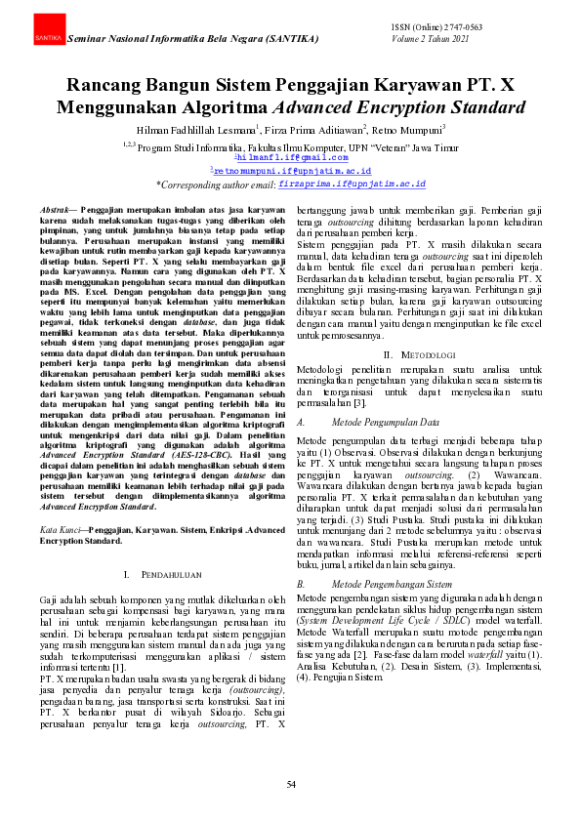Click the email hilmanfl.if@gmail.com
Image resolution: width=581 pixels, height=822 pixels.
[x=291, y=157]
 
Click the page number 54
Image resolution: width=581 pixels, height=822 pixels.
[x=290, y=785]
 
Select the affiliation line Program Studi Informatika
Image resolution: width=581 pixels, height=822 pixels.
[x=290, y=144]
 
